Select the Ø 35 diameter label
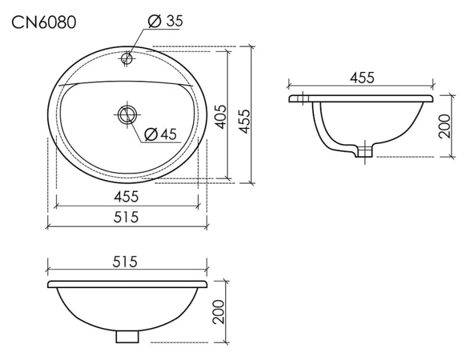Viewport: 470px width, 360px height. (164, 22)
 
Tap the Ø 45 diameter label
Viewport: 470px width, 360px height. (161, 134)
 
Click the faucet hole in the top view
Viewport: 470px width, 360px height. (127, 59)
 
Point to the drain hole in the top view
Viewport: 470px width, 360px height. (127, 113)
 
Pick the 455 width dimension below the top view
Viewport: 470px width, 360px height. (127, 196)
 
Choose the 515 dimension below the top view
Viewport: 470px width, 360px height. (127, 217)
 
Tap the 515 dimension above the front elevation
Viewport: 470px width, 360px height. (127, 262)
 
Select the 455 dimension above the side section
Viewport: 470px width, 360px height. (362, 77)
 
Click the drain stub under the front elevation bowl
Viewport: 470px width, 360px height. (127, 337)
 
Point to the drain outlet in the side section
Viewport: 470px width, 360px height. (363, 151)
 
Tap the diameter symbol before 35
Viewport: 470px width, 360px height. (153, 22)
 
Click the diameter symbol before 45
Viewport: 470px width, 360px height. (150, 134)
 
